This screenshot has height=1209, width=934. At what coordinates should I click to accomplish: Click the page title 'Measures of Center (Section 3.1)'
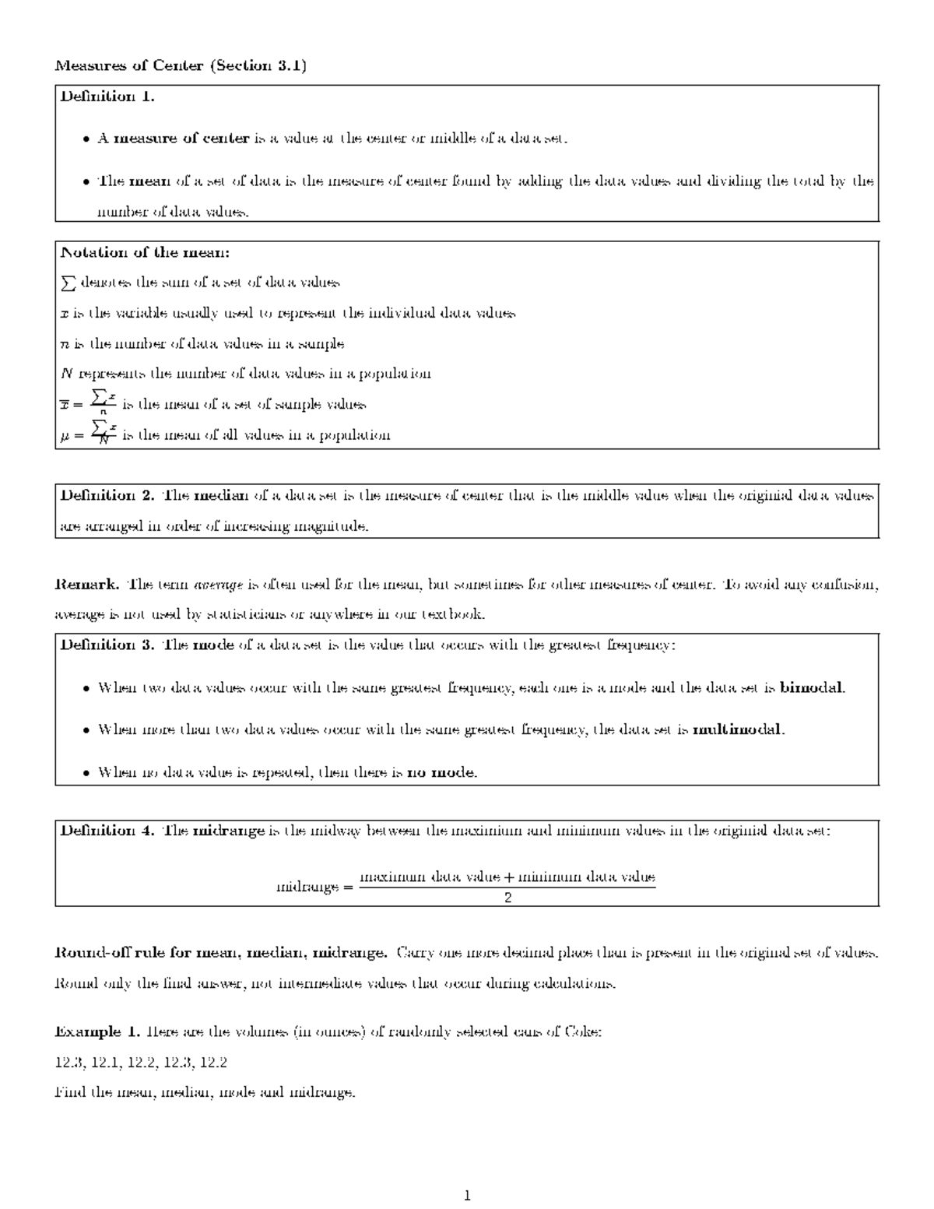[x=181, y=65]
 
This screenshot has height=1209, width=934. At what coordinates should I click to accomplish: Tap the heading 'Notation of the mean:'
[x=145, y=252]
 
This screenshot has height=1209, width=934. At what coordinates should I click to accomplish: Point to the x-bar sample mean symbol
[x=65, y=405]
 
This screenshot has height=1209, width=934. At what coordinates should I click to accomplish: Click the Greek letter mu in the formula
[x=65, y=436]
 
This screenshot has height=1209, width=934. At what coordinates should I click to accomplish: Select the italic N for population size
[x=65, y=374]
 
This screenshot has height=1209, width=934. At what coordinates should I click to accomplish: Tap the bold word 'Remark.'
[x=87, y=584]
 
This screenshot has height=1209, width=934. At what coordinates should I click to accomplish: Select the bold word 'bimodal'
[x=812, y=688]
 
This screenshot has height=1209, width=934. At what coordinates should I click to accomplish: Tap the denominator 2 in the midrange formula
[x=507, y=898]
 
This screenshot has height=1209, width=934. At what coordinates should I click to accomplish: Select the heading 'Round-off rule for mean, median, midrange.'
[x=220, y=953]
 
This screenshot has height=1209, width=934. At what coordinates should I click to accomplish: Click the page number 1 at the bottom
[x=467, y=1196]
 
